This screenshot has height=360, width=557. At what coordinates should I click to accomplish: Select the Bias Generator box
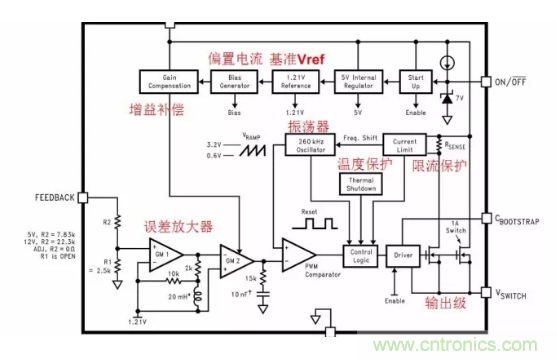[x=236, y=82]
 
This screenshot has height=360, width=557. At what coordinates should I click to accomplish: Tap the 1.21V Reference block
[x=296, y=82]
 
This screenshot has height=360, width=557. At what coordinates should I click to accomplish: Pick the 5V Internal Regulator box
[x=358, y=82]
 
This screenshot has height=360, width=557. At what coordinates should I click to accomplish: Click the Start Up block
[x=414, y=82]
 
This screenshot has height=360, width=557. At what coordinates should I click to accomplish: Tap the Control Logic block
[x=361, y=257]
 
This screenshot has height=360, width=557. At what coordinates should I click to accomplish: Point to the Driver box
[x=402, y=257]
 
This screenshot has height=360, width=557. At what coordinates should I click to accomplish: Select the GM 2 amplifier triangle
[x=231, y=259]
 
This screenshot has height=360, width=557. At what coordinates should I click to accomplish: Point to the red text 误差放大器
[x=177, y=225]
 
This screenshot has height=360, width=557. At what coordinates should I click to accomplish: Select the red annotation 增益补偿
[x=157, y=108]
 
